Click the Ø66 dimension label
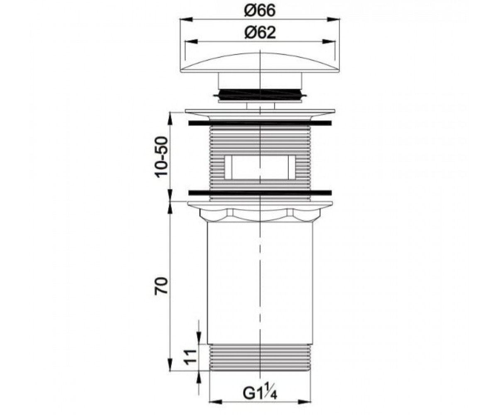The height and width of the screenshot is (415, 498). (260, 10)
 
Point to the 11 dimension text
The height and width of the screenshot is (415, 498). (190, 359)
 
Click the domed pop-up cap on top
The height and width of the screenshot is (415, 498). (260, 63)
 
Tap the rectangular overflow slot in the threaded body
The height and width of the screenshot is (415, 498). (260, 167)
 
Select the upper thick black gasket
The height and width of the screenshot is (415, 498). (260, 123)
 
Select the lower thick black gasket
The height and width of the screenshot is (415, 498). (260, 193)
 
